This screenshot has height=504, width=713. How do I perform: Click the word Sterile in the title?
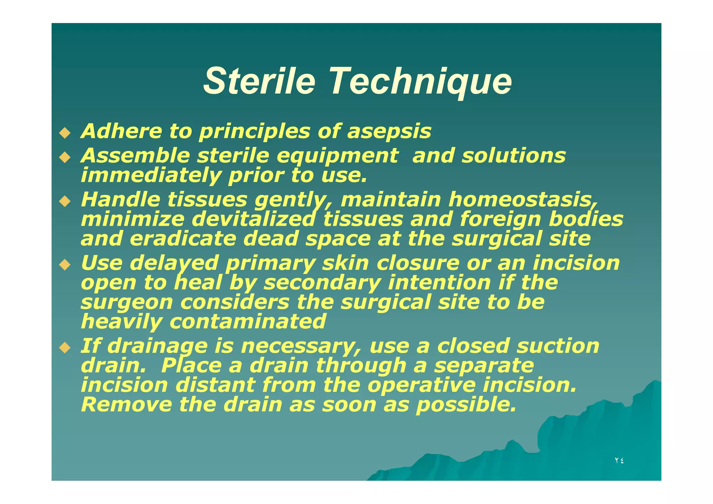point(259,81)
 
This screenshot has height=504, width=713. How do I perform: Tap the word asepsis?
point(389,132)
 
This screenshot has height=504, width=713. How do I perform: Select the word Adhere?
point(121,131)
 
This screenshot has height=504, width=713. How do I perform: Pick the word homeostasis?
point(522,200)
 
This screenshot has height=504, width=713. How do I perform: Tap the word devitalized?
point(253,219)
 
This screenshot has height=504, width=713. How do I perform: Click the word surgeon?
point(127,302)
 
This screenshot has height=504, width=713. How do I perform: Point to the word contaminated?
point(248,321)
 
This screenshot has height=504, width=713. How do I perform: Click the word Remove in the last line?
point(126,405)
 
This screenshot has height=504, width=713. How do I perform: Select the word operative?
point(421,385)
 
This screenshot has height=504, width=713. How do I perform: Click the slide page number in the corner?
point(619,460)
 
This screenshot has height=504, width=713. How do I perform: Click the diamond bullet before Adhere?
point(65,133)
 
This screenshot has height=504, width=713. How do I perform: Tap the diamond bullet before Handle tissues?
point(65,201)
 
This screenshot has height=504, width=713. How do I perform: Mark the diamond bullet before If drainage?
point(65,347)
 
